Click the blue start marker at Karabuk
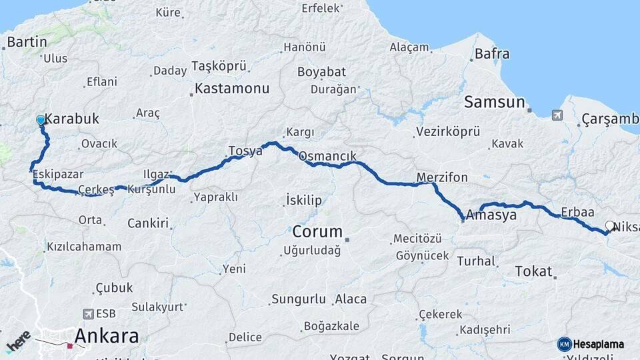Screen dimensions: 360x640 (41, 120)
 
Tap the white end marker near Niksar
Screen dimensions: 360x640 (609, 226)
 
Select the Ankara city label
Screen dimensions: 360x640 (107, 335)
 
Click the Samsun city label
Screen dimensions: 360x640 (495, 102)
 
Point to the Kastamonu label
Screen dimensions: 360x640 (233, 88)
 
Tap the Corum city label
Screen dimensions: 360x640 (317, 232)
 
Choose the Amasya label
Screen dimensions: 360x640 (491, 215)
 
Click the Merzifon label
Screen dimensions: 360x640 (442, 177)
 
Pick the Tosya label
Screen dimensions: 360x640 (245, 151)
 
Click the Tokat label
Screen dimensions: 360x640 (533, 271)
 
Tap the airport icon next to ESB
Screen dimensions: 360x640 (89, 313)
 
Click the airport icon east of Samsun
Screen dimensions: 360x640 (557, 115)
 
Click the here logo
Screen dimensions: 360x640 (18, 341)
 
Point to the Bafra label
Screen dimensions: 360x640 (492, 54)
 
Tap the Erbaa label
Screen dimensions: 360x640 (577, 212)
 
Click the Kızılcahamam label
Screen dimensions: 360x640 (84, 247)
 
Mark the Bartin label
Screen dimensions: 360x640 (27, 42)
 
